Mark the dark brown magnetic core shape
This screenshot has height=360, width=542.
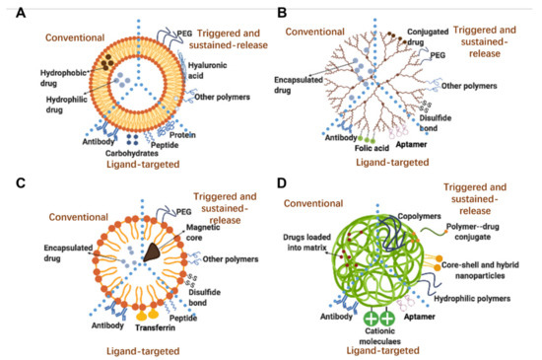click(154, 252)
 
